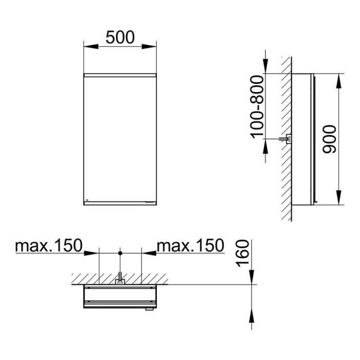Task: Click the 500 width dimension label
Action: point(120,38)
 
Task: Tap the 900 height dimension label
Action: point(329,139)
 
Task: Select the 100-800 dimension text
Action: point(257,107)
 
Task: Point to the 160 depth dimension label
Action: point(242,253)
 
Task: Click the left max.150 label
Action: point(49,245)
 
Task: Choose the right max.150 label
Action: point(190,245)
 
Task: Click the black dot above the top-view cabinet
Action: point(120,253)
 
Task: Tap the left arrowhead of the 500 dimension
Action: point(91,47)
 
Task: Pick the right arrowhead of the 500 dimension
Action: point(149,47)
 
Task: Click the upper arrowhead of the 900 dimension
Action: point(338,81)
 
